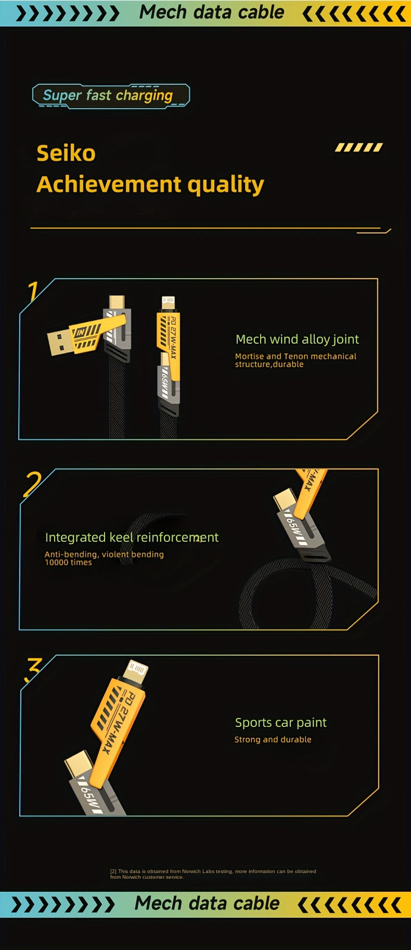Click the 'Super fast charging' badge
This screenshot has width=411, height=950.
[110, 96]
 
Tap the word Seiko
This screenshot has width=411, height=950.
[66, 153]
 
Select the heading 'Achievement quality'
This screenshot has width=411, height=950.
[150, 184]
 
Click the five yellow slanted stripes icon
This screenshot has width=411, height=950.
[358, 148]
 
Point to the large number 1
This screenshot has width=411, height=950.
[33, 291]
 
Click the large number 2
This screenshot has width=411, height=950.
[32, 484]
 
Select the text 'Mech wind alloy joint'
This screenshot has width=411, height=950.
[297, 340]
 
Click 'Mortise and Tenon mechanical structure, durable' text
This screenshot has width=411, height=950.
[295, 360]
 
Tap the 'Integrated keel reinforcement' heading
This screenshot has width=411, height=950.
[132, 537]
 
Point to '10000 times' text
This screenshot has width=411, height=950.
[68, 563]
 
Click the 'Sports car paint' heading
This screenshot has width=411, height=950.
[280, 722]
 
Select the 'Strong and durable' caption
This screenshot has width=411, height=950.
[273, 739]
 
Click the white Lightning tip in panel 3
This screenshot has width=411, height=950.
[136, 670]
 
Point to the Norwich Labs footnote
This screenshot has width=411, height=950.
[213, 874]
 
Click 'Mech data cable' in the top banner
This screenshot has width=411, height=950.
[212, 12]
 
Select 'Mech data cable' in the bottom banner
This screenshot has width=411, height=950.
[207, 904]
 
